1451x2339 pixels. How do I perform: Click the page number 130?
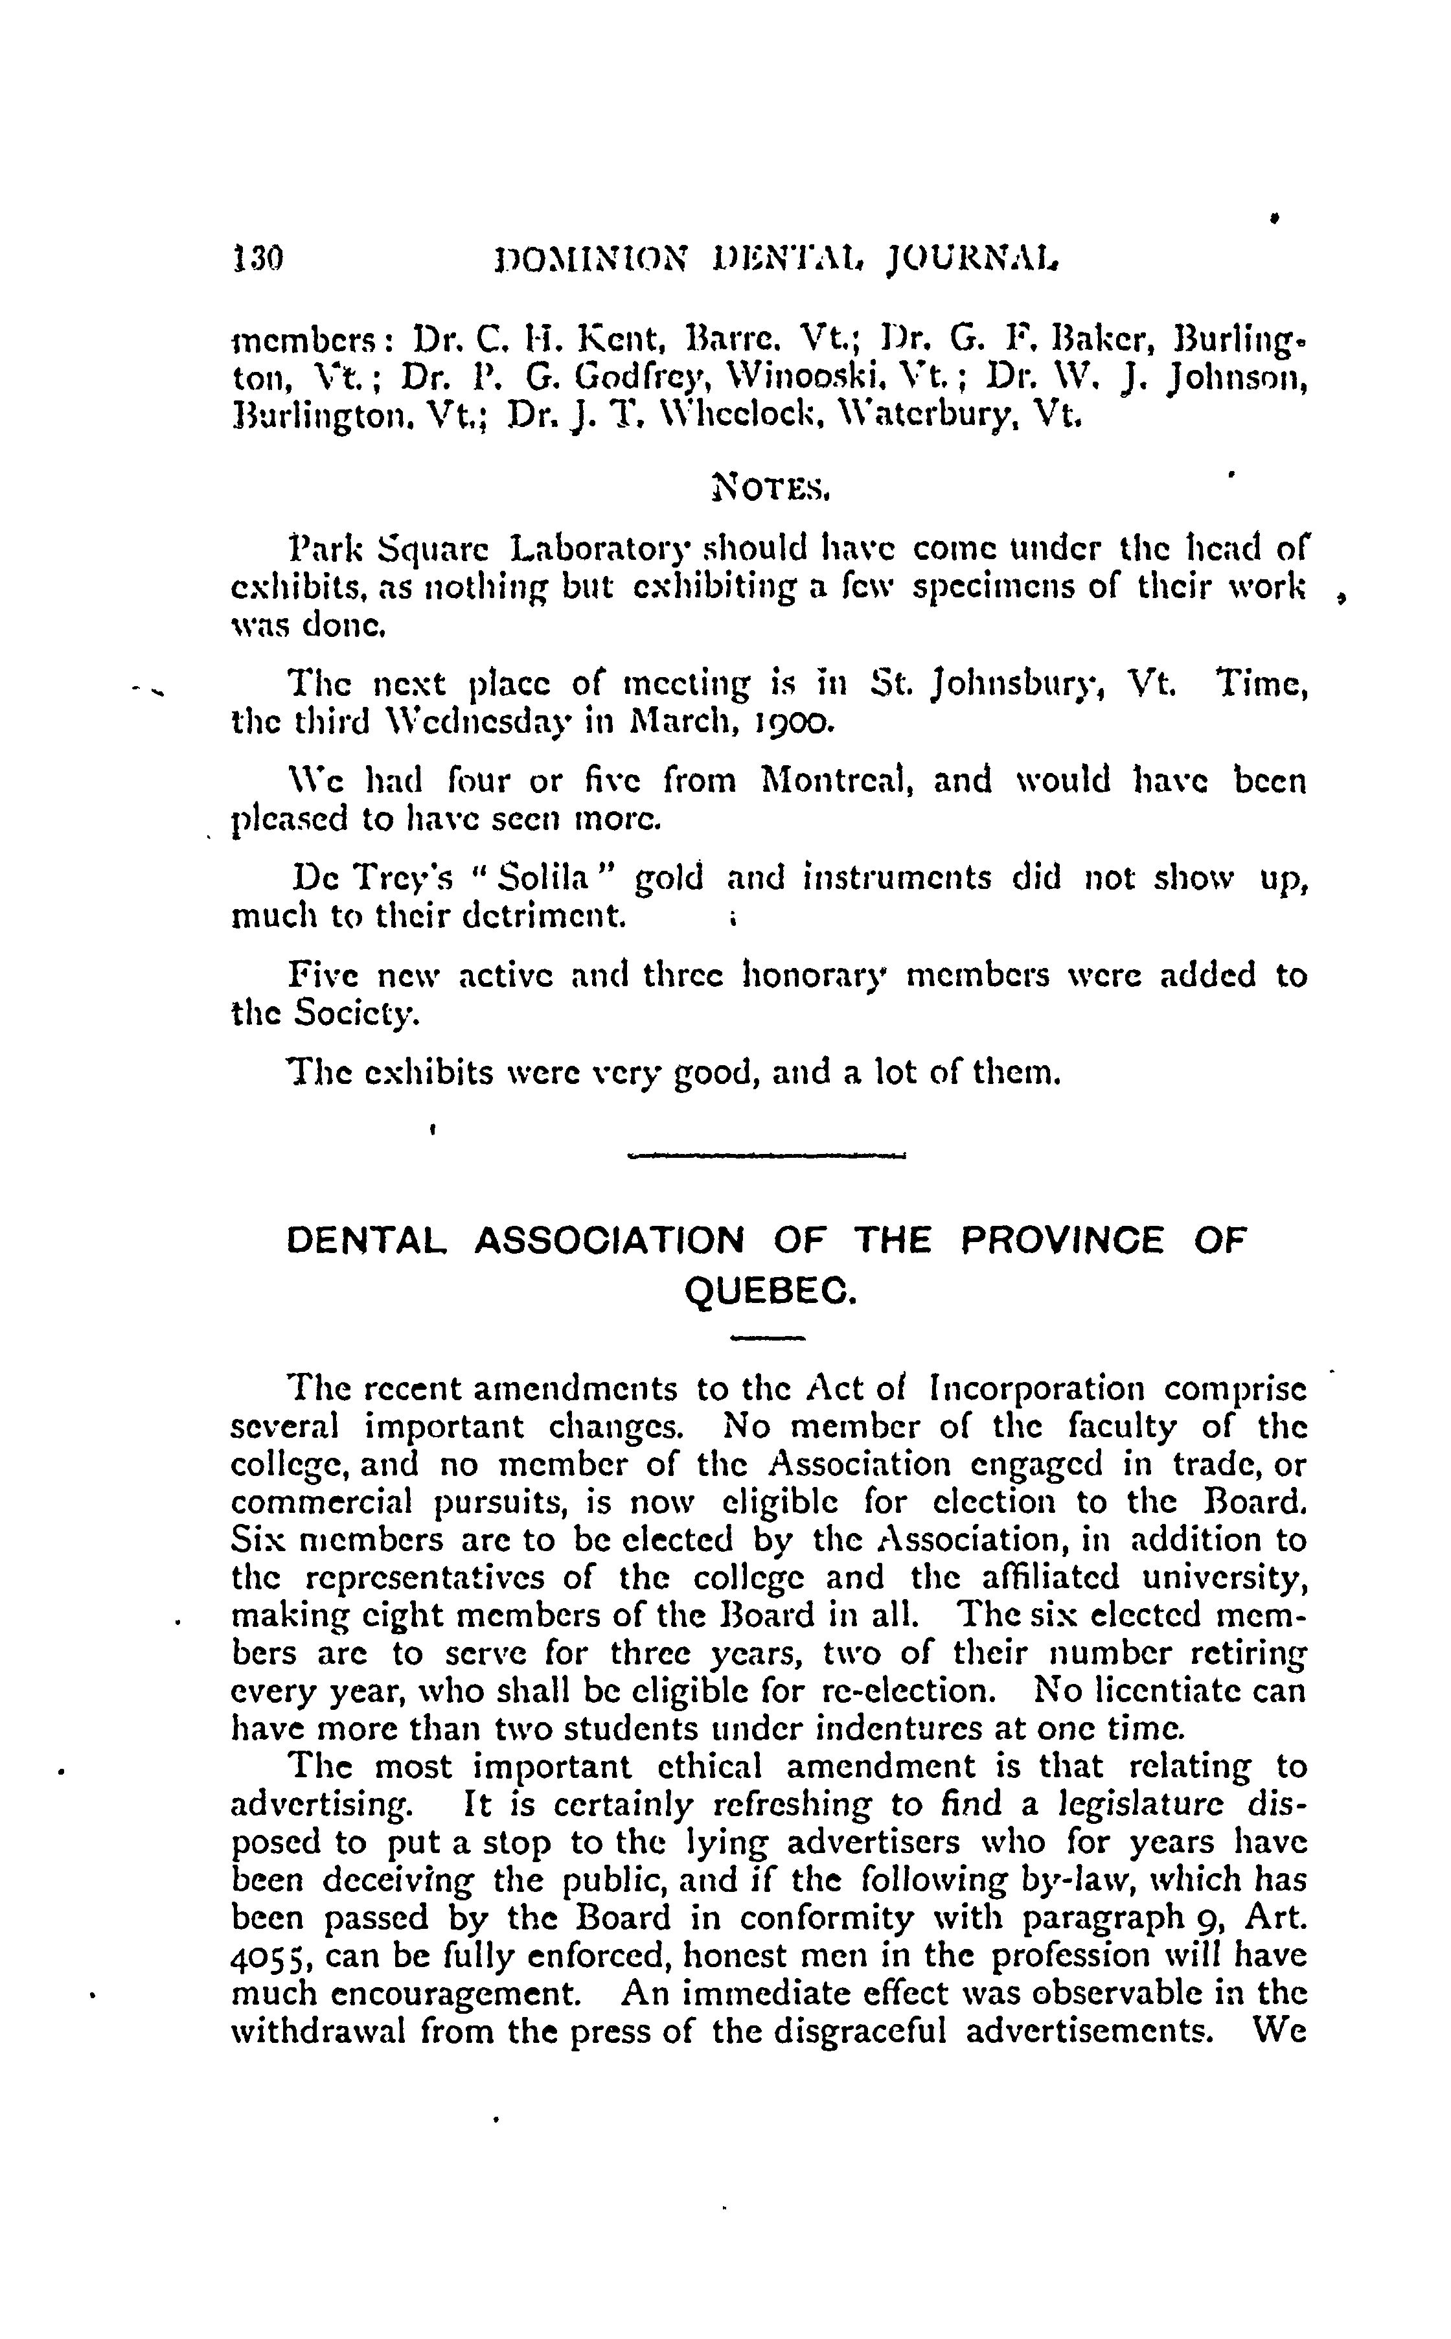tap(257, 259)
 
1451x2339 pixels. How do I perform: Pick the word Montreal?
tap(834, 780)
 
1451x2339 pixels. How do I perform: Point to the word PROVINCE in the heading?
tap(1062, 1240)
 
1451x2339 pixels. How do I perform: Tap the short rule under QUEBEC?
tap(768, 1338)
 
